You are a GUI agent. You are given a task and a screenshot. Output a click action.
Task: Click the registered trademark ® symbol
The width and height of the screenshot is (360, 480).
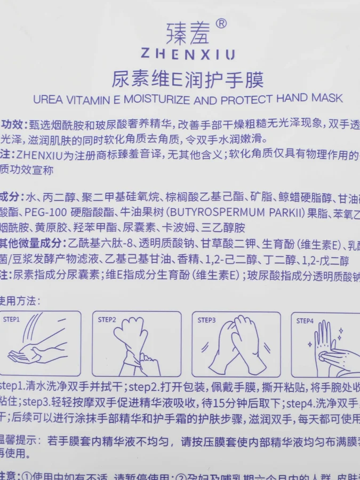[x=221, y=24]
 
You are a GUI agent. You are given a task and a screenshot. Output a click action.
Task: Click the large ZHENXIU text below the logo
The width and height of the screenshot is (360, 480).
[x=188, y=54]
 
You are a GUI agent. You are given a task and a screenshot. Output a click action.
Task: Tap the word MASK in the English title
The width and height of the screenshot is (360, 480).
[x=327, y=99]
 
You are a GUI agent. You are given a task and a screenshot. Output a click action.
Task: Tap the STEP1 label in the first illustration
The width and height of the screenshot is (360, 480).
[x=12, y=319]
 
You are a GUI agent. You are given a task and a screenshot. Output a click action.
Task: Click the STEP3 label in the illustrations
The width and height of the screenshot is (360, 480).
[x=206, y=320]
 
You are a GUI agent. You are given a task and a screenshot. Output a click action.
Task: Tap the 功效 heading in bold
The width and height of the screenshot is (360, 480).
[x=13, y=125]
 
